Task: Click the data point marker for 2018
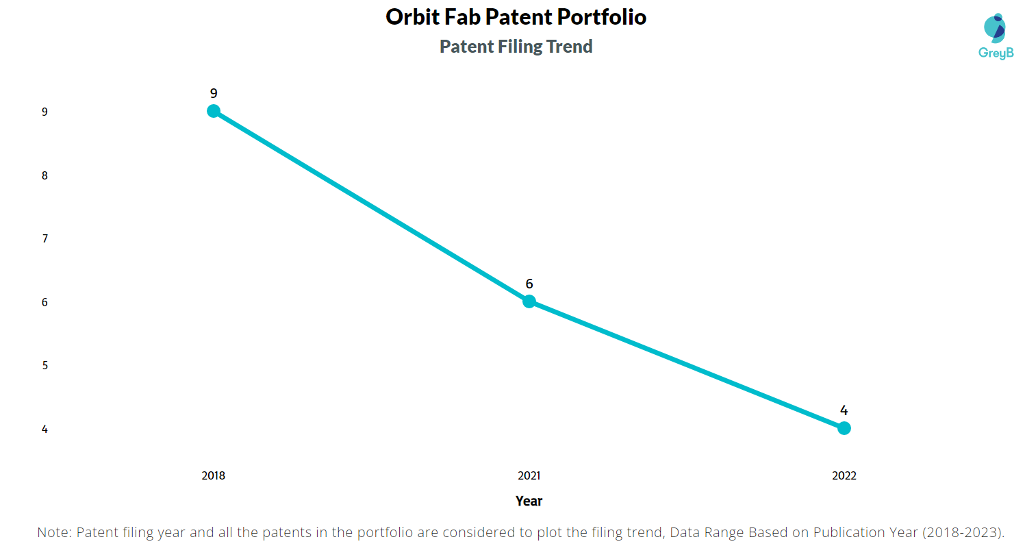[214, 111]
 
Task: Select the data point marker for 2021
[529, 301]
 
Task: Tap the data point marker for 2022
[844, 428]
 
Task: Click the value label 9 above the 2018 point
[214, 93]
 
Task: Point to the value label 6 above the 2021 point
[529, 284]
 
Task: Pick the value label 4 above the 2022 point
[844, 410]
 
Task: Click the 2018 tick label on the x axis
[214, 475]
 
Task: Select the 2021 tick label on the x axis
[529, 475]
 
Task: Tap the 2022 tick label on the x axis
[844, 475]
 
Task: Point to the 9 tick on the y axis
[45, 112]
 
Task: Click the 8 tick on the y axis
[45, 175]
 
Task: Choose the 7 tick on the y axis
[45, 238]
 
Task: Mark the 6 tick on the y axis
[45, 302]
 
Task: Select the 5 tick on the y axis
[45, 365]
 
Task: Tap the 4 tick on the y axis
[45, 429]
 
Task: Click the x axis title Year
[529, 501]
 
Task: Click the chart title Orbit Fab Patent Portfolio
[516, 17]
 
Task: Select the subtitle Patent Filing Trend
[516, 47]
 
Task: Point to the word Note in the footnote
[53, 532]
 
